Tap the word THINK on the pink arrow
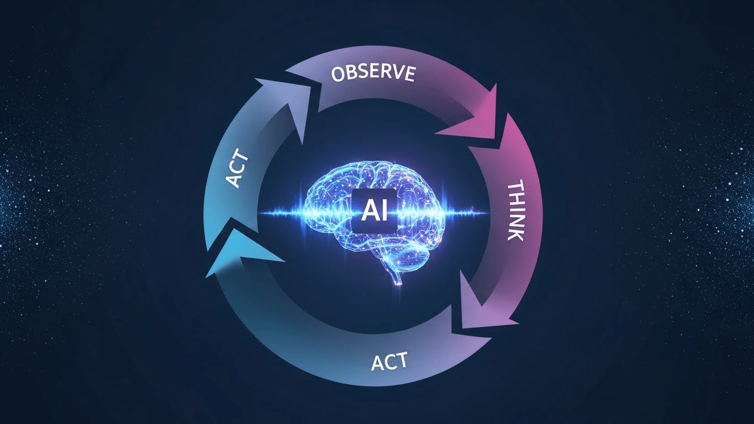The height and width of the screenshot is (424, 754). pyautogui.click(x=515, y=210)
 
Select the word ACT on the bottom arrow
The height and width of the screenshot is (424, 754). pyautogui.click(x=389, y=362)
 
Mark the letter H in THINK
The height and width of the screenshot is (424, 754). pyautogui.click(x=517, y=199)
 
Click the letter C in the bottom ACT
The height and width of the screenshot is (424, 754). pyautogui.click(x=389, y=363)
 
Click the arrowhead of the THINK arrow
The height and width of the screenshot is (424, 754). pyautogui.click(x=486, y=309)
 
